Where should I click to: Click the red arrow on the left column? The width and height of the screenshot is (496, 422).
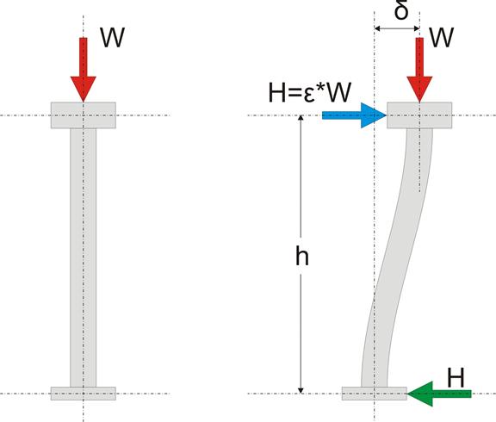tap(84, 70)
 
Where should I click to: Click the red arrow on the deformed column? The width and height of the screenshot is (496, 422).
tap(419, 70)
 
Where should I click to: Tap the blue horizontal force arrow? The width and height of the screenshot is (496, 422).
tap(354, 115)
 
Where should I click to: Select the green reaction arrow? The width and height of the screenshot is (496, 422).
tap(439, 394)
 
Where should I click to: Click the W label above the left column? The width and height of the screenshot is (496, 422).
tap(112, 37)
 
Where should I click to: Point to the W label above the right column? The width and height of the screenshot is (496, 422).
tap(442, 37)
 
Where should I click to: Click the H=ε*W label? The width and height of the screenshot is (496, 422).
tap(310, 93)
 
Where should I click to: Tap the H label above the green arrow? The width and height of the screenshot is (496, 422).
tap(456, 377)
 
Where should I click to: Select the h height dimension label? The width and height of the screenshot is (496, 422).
tap(302, 257)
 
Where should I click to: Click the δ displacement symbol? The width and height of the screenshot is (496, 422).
tap(401, 11)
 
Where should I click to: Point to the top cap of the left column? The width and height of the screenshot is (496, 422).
tap(84, 115)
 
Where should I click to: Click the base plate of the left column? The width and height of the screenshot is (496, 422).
tap(84, 394)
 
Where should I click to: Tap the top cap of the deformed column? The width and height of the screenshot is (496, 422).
tap(419, 115)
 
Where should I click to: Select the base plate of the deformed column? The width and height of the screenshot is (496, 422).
tap(375, 394)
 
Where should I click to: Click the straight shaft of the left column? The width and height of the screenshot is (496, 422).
tap(84, 258)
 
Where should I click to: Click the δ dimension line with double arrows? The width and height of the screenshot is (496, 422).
tap(397, 28)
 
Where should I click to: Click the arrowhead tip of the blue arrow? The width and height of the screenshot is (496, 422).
tap(387, 115)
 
